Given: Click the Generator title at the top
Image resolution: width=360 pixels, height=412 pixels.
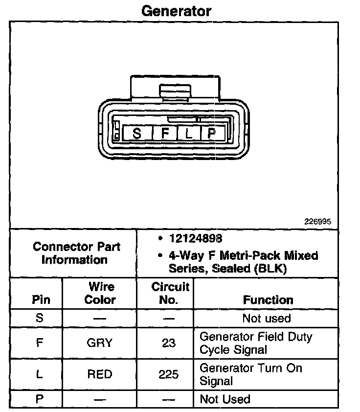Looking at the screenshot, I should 176,11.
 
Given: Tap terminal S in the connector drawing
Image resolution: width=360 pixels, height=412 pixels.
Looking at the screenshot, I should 137,133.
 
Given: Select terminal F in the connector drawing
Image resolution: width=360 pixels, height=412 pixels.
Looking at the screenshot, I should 165,133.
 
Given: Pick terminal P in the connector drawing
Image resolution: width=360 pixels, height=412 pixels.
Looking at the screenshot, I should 211,133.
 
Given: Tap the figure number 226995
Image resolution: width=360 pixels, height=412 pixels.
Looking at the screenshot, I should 318,221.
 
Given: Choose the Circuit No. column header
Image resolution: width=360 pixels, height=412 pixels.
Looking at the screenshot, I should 169,293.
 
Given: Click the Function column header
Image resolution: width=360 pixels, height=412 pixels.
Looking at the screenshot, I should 268,299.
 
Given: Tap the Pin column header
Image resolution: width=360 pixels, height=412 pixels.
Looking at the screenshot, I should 40,299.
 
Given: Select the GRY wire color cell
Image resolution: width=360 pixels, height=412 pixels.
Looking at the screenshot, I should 100,343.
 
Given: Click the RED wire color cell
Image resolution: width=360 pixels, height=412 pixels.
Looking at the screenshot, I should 100,374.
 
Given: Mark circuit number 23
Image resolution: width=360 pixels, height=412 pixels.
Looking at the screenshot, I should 169,343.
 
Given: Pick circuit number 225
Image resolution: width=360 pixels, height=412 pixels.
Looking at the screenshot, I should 169,374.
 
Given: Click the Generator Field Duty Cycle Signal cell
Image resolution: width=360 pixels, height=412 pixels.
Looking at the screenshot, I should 255,343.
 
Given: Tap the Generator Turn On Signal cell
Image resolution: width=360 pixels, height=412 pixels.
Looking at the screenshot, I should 250,374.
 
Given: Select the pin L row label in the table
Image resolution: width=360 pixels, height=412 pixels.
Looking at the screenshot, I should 40,374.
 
